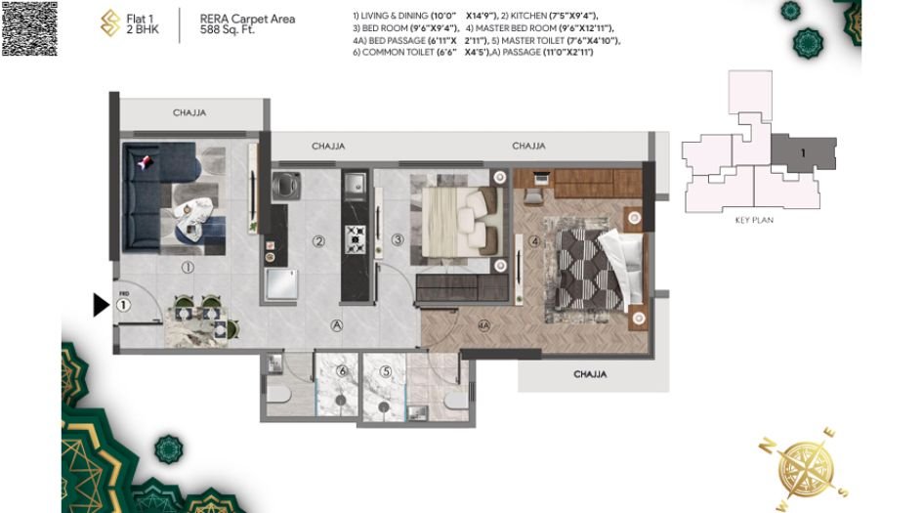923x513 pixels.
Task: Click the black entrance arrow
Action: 101,306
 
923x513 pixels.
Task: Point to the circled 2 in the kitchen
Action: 318,240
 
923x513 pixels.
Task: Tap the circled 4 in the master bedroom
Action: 534,240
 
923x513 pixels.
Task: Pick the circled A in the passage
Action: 336,325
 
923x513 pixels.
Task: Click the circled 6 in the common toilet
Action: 342,371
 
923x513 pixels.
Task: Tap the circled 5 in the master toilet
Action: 386,371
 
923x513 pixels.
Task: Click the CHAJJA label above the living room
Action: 189,113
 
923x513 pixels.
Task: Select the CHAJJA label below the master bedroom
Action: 590,373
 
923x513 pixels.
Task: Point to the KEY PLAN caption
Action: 754,221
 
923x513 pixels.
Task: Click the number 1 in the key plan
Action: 803,153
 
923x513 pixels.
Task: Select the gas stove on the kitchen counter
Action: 353,236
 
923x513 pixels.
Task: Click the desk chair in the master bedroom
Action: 533,194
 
